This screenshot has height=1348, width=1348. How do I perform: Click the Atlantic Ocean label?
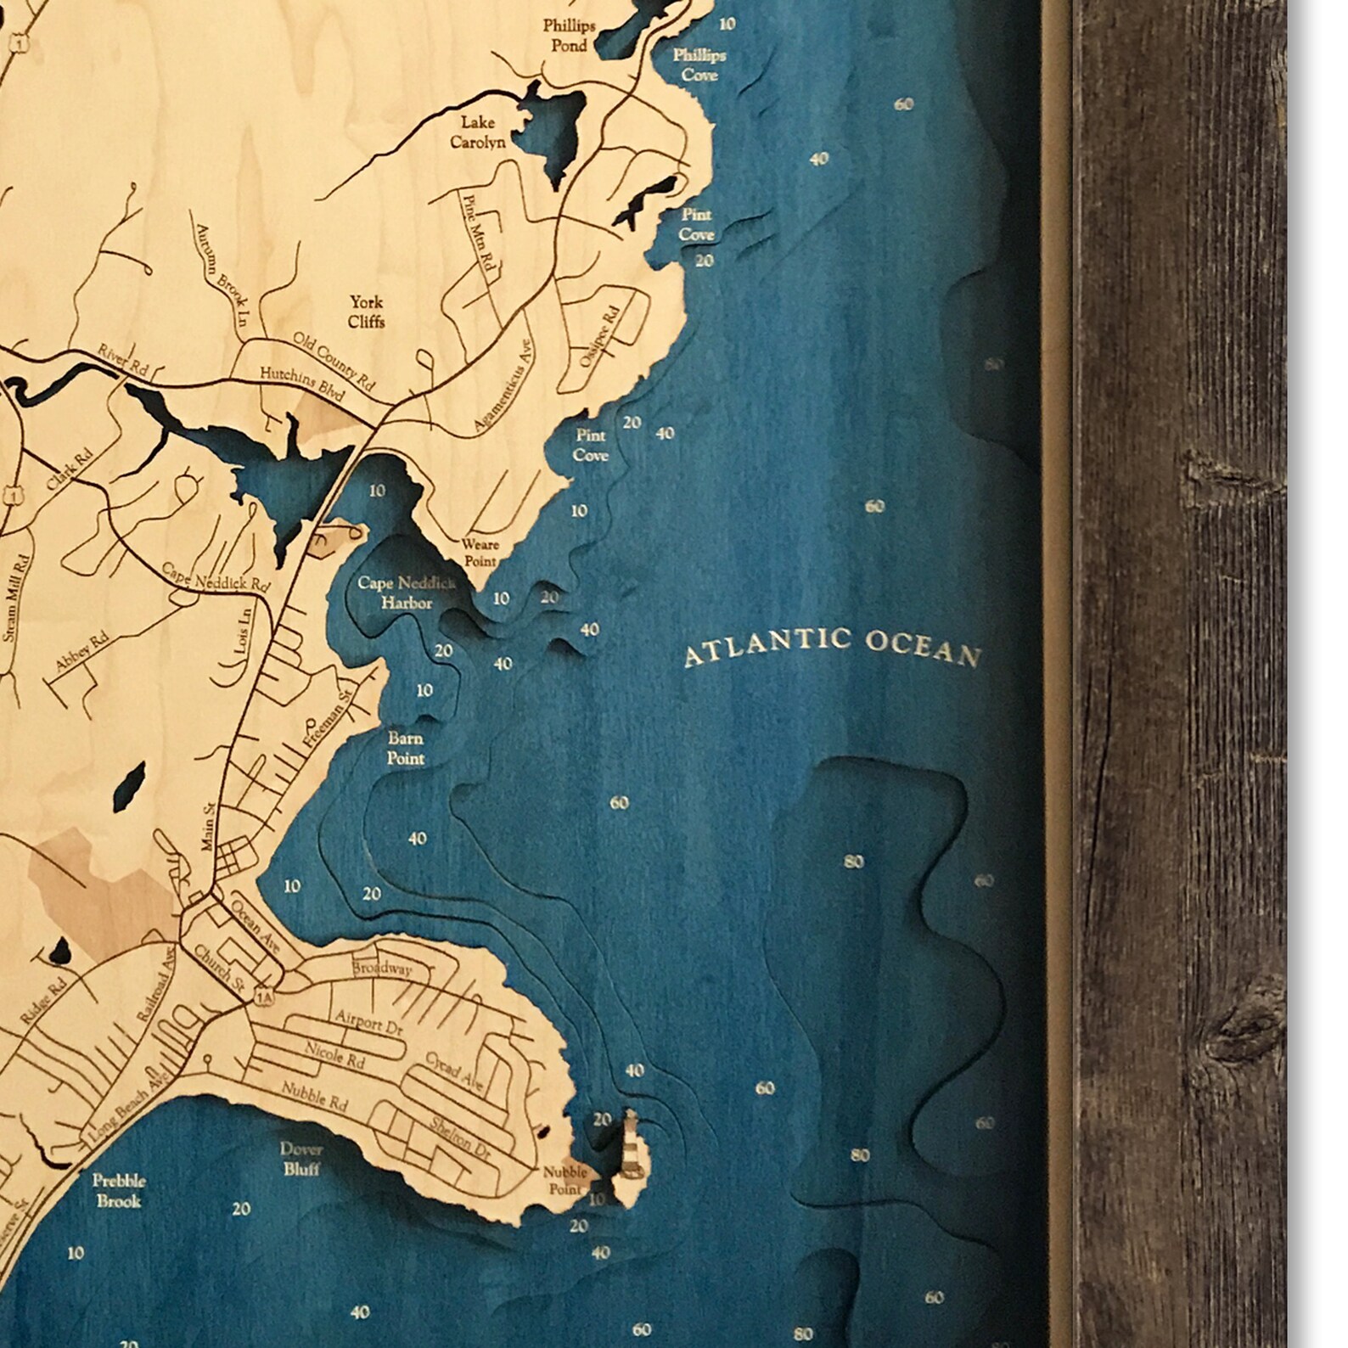coord(833,648)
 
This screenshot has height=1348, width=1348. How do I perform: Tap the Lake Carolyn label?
coord(477,132)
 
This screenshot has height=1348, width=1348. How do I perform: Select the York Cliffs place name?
coord(366,312)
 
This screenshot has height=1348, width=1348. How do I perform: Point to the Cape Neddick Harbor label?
coord(407,593)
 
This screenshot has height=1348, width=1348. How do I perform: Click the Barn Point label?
coord(405,748)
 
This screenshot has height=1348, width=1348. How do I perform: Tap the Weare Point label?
coord(480,553)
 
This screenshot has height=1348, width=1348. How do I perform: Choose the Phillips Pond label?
coord(569,36)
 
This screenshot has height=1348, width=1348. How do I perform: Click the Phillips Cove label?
coord(699,65)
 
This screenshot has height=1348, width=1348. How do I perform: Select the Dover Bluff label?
coord(301,1159)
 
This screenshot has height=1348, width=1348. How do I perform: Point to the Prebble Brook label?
coord(119,1190)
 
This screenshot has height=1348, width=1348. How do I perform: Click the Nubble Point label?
coord(565,1180)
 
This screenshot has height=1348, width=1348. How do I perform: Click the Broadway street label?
coord(382,969)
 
